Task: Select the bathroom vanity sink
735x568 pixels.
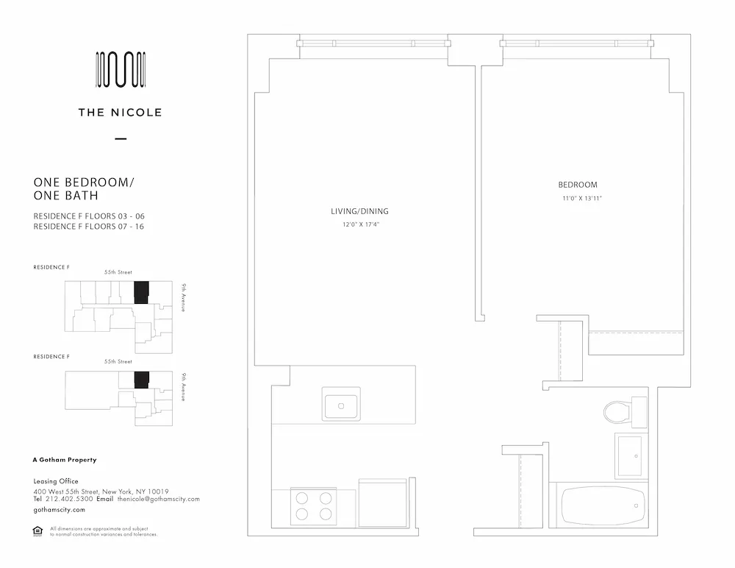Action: (x=629, y=455)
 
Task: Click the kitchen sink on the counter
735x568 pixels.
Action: (x=340, y=406)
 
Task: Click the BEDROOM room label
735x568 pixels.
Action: (x=577, y=185)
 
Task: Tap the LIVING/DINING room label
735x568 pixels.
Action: (x=359, y=211)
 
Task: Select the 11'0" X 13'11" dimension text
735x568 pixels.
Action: (x=577, y=199)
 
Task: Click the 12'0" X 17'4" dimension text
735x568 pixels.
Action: (x=359, y=224)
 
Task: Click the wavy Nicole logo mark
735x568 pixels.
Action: (x=121, y=70)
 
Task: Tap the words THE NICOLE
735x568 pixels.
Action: (x=121, y=113)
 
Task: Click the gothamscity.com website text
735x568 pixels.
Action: (x=59, y=509)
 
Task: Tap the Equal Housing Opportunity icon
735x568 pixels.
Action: (x=38, y=530)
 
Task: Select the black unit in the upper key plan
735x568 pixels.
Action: (x=141, y=292)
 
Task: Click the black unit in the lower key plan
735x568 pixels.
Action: (x=142, y=380)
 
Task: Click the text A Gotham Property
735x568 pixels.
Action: (x=65, y=460)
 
